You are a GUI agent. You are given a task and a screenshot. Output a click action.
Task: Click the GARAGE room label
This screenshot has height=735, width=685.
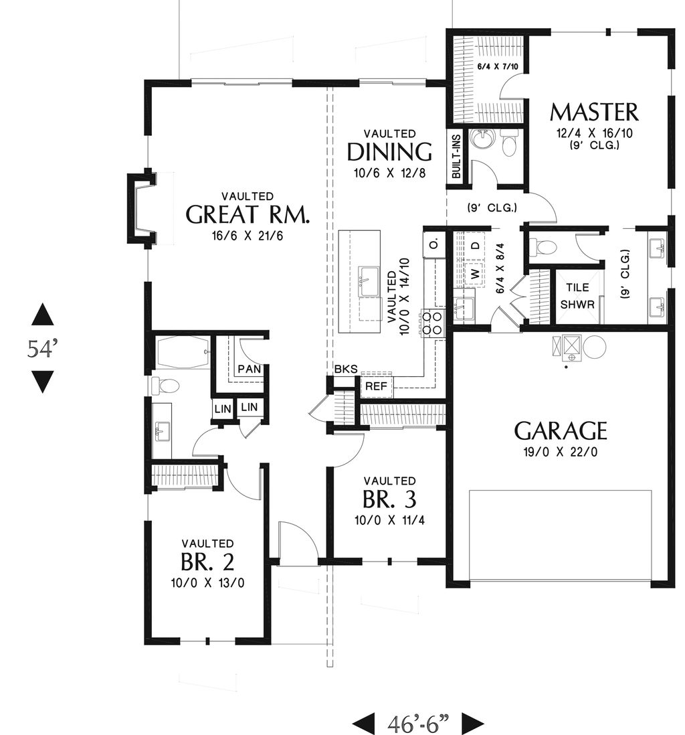(560, 430)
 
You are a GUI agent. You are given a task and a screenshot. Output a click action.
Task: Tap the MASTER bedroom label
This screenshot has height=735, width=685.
(594, 112)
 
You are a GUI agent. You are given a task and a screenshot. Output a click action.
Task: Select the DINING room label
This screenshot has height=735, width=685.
(389, 152)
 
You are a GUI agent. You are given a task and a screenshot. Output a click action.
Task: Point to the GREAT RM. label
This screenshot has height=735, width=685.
(247, 214)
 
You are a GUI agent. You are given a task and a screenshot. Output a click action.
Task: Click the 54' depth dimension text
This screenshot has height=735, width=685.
(43, 349)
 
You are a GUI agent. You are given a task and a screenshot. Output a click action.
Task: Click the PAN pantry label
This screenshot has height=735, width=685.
(249, 370)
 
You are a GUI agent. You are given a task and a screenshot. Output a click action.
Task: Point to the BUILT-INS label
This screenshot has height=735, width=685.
(456, 156)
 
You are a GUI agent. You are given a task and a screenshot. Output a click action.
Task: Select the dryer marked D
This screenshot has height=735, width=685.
(475, 245)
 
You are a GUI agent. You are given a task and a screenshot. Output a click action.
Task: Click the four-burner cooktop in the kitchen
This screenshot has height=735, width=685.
(431, 322)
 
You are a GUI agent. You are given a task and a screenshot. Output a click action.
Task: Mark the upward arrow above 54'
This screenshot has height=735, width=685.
(43, 315)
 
